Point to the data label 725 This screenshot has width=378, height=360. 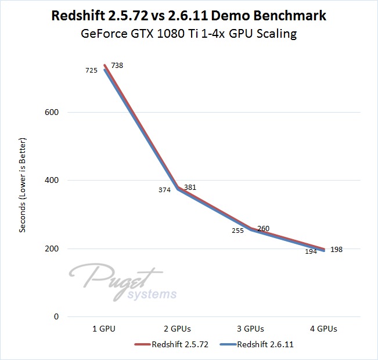(91, 70)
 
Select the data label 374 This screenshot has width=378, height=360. (164, 190)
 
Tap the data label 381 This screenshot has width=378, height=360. (191, 188)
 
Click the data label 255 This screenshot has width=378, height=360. (237, 231)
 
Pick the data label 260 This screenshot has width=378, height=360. (263, 229)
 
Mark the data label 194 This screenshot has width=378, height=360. (311, 251)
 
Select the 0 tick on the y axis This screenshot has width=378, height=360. (56, 316)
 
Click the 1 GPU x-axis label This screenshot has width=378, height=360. (105, 329)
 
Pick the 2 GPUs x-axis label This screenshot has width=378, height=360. (178, 329)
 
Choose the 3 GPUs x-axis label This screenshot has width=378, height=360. (251, 329)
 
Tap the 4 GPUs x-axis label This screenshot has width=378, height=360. (324, 329)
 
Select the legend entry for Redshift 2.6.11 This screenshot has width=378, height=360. (258, 345)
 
